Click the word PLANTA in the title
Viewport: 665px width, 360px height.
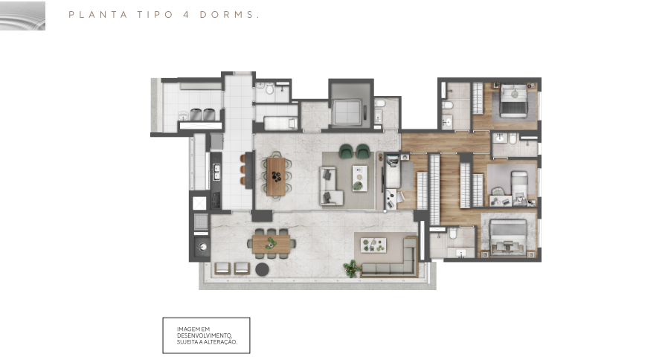[98, 15]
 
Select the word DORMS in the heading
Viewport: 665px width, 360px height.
[227, 15]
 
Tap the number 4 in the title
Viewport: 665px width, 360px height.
[186, 15]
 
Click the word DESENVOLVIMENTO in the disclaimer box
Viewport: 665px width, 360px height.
[205, 335]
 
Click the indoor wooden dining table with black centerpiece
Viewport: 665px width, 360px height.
[276, 176]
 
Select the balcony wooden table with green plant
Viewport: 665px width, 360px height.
[272, 244]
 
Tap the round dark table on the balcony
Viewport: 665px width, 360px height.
[262, 269]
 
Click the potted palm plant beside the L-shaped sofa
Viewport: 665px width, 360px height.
[351, 269]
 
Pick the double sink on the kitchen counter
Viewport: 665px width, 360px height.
[216, 172]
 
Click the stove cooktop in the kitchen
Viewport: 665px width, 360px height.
[216, 200]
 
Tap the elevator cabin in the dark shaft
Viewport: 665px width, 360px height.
[347, 113]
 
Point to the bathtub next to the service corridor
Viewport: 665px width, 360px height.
[280, 123]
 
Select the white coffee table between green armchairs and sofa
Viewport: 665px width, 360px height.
[359, 178]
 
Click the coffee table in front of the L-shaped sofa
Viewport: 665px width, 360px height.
[373, 245]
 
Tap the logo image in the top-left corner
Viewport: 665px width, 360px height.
[22, 16]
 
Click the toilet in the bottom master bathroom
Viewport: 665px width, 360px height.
[452, 234]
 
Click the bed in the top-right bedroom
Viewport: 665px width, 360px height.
[513, 100]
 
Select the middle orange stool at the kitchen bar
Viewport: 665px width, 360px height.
[243, 170]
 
